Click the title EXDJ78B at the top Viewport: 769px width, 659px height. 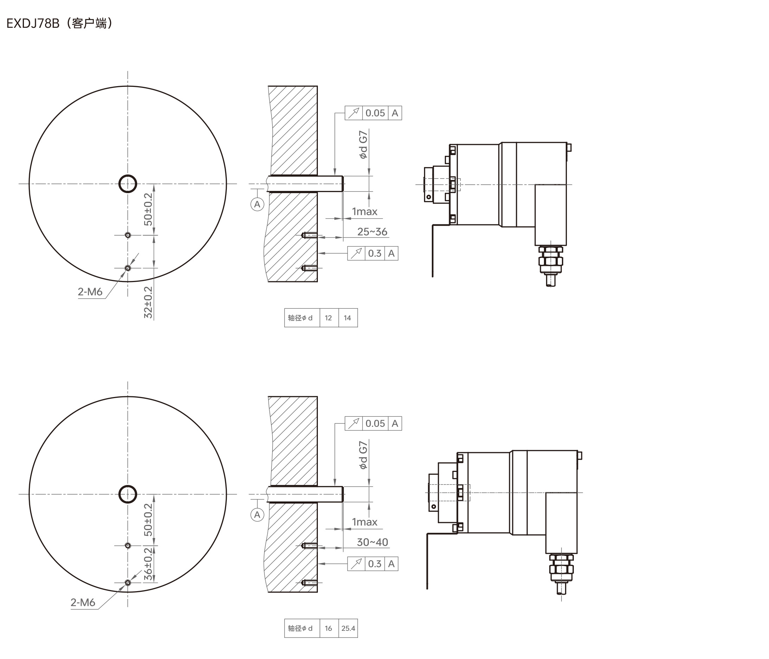coord(33,24)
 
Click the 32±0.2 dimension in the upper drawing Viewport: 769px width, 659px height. coord(148,302)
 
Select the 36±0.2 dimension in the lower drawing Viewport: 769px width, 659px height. coord(148,564)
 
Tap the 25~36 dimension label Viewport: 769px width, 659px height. coord(372,232)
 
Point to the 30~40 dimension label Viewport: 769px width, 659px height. coord(372,542)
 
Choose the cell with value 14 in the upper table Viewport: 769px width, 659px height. coord(348,318)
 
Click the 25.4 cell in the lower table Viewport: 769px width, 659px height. coord(348,628)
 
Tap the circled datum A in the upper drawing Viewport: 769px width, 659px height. coord(257,204)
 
